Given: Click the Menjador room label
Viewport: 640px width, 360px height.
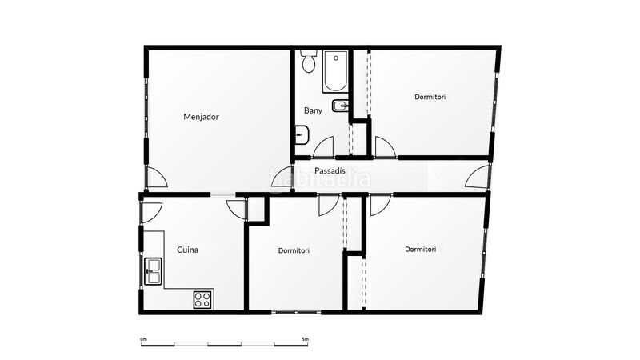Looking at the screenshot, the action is (x=201, y=117).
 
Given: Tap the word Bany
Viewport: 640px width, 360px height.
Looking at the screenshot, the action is (x=313, y=110).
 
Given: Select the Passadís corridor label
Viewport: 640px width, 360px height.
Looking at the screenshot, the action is (x=330, y=170).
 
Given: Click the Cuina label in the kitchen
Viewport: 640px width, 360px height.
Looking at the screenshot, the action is (x=188, y=250).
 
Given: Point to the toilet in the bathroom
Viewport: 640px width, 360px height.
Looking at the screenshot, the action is (x=309, y=62).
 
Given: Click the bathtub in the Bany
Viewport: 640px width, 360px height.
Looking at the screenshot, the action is (x=335, y=71).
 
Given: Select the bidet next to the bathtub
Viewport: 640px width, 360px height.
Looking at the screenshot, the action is (x=340, y=106).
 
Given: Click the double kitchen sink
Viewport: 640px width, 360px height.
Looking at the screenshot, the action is (x=154, y=271).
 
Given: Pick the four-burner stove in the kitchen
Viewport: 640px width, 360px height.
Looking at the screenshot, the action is (x=203, y=299).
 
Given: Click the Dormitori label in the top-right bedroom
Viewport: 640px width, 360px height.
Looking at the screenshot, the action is (x=430, y=97).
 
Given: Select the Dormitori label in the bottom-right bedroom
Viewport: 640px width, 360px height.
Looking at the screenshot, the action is (x=421, y=249).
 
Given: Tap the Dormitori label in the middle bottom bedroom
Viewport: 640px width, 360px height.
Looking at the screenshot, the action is (x=294, y=250).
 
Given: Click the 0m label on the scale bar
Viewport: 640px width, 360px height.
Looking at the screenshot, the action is (x=143, y=339).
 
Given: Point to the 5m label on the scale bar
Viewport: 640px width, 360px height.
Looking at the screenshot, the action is (x=306, y=339).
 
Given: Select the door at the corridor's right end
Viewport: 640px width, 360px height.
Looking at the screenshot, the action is (x=478, y=176).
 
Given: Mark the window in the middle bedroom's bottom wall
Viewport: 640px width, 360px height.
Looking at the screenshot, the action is (x=296, y=312).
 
